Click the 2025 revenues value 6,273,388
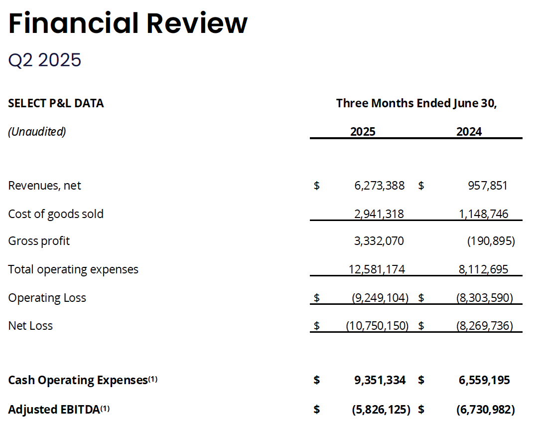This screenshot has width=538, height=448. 379,186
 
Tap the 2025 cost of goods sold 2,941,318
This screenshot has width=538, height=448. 379,214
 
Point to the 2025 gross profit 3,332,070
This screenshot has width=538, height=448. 379,241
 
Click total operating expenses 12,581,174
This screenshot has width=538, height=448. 377,270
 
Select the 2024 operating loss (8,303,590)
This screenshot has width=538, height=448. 484,298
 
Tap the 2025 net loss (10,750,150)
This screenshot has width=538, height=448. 377,326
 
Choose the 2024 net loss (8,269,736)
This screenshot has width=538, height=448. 484,326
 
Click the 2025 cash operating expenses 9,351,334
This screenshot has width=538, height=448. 380,380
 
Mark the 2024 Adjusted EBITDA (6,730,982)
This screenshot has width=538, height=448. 485,410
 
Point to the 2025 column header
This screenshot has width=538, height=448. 363,132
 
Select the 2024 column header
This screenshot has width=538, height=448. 469,132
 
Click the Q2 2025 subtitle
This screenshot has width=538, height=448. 45,60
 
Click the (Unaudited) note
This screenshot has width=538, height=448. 37,132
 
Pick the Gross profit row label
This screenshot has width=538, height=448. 39,241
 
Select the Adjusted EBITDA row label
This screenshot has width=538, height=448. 54,410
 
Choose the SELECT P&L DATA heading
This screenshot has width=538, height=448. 56,103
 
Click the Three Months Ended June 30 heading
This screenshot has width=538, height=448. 416,103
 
